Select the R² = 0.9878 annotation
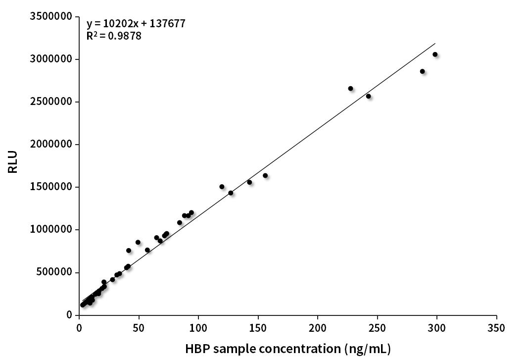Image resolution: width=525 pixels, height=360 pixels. click(114, 36)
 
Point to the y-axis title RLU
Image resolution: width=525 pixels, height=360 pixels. click(13, 161)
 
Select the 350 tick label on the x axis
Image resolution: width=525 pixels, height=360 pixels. click(496, 328)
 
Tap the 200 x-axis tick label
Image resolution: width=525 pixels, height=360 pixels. click(318, 328)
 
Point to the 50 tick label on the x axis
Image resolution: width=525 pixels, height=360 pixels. click(139, 328)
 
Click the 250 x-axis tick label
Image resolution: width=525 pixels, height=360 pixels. click(378, 328)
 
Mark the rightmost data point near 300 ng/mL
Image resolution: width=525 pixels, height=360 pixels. click(435, 54)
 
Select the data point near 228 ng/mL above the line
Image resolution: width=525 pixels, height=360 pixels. click(350, 88)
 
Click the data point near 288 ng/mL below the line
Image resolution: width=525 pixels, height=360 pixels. click(422, 71)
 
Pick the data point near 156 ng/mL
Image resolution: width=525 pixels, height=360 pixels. click(265, 175)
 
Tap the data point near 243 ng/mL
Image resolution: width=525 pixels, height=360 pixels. click(368, 96)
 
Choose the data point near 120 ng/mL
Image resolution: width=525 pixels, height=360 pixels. click(222, 187)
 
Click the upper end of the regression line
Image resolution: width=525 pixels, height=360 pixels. click(435, 43)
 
